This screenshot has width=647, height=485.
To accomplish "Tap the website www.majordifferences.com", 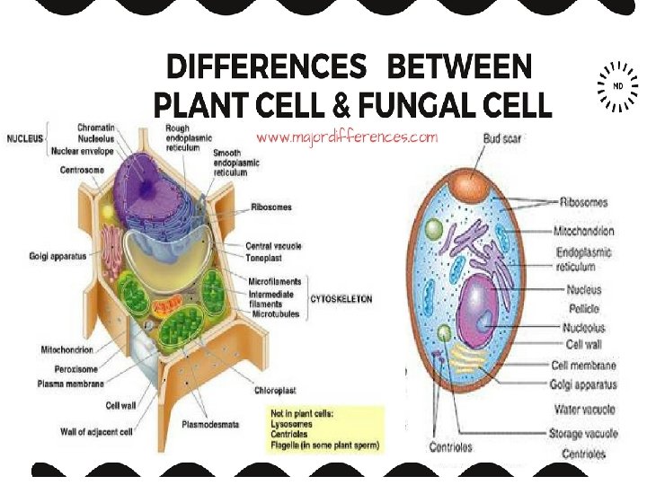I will [347, 137].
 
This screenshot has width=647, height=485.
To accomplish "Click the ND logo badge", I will [617, 86].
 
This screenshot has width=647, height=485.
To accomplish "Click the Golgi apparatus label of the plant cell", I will [58, 256].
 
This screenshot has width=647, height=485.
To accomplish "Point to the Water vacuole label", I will [583, 410].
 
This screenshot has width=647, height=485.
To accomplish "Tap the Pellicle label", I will [583, 308].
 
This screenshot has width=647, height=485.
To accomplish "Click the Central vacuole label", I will [273, 245].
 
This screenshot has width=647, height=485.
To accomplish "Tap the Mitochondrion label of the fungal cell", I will [584, 231].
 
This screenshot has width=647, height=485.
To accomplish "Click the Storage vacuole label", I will [583, 433].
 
